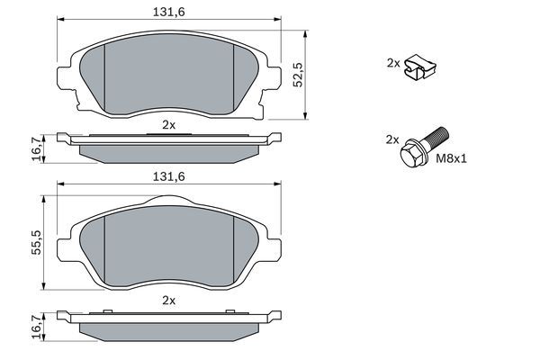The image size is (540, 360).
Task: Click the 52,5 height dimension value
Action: pos(298,75)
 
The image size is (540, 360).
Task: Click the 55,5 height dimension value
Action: pos(36,242)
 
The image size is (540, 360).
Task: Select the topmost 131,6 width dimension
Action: pos(169,12)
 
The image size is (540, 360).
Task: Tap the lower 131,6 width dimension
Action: pos(169,176)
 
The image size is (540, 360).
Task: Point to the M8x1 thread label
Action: pos(452,158)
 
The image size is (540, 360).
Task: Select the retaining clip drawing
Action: pos(419,67)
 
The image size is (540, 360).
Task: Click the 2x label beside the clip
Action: pos(393,63)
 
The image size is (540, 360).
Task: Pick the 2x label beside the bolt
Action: pos(392,139)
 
